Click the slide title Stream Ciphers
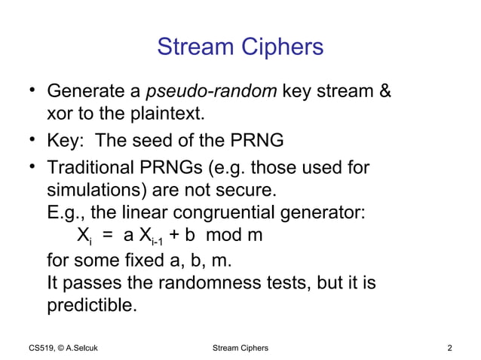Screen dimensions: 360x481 point(240,47)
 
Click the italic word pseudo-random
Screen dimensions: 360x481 point(212,93)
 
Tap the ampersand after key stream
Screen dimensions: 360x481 point(384,93)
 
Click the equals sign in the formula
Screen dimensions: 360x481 point(109,235)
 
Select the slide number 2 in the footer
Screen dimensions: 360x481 point(450,347)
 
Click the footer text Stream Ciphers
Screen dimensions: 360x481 point(240,347)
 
